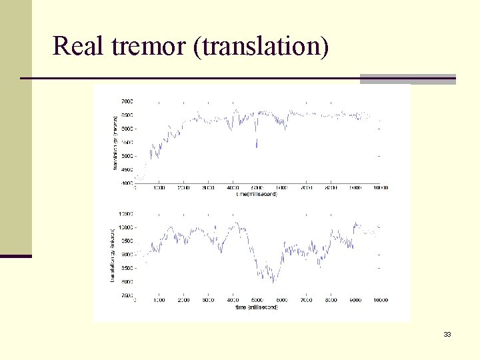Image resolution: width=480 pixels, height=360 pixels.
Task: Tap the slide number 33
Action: [447, 334]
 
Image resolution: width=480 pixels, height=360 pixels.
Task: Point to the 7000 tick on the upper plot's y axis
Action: [126, 101]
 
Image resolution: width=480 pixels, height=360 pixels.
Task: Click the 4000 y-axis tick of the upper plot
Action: [126, 183]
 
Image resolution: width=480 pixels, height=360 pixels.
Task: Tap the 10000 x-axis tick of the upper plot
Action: [380, 188]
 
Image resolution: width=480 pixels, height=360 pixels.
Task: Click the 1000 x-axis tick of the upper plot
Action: [159, 188]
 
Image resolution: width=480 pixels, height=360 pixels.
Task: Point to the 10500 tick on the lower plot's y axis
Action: [125, 214]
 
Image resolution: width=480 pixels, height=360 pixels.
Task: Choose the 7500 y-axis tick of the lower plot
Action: [126, 295]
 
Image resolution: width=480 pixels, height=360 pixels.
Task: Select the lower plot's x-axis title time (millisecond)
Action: [256, 307]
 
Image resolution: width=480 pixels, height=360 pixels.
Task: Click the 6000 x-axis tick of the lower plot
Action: [281, 301]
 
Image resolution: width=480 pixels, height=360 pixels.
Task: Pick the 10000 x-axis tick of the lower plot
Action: [380, 301]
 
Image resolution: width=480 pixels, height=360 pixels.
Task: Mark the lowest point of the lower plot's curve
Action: [273, 283]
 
